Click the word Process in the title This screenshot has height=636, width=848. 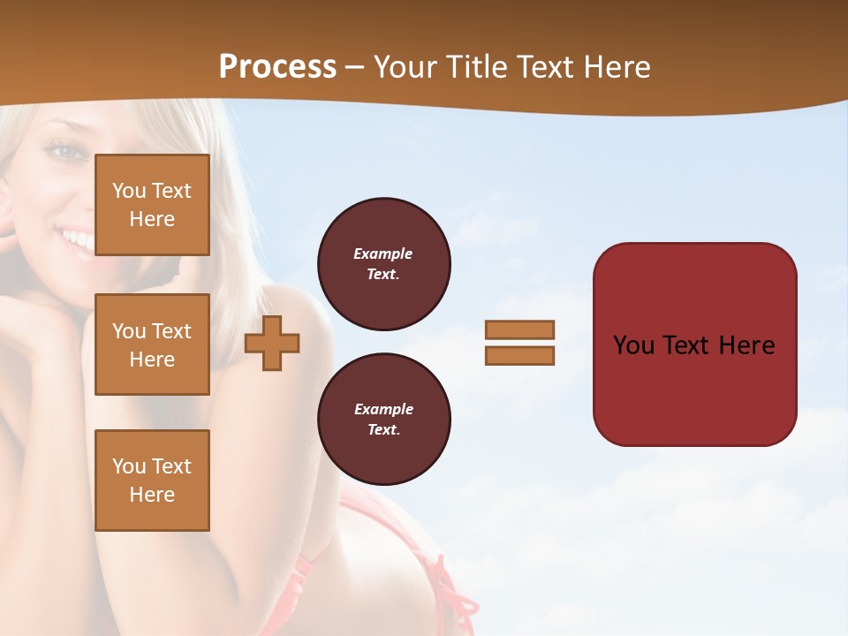[277, 67]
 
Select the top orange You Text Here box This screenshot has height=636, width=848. [152, 205]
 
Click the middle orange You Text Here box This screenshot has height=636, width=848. [152, 344]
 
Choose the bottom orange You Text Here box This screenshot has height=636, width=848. [152, 481]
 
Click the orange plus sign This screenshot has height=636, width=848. [272, 343]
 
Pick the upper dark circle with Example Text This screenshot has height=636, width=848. [383, 264]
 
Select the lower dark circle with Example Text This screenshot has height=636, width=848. [383, 420]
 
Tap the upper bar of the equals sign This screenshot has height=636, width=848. [519, 329]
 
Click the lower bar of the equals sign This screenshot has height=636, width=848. [519, 356]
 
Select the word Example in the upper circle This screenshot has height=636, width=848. [383, 254]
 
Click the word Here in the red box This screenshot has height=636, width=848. [746, 345]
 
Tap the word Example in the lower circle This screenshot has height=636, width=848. [383, 409]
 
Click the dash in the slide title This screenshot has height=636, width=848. [355, 67]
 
